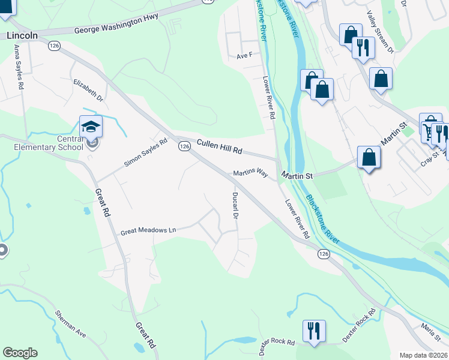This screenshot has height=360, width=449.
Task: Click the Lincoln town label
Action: [22, 35]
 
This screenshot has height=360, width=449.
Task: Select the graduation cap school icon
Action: [91, 126]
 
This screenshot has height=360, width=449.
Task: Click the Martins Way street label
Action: [250, 173]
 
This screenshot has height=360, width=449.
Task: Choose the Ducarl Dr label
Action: [236, 205]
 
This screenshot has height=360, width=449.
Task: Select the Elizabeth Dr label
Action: [88, 89]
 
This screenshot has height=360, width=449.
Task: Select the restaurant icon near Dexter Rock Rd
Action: [314, 331]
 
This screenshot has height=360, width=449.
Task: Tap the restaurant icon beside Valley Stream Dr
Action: [363, 47]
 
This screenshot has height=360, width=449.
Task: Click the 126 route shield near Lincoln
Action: [55, 46]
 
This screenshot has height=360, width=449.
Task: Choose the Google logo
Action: [20, 353]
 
